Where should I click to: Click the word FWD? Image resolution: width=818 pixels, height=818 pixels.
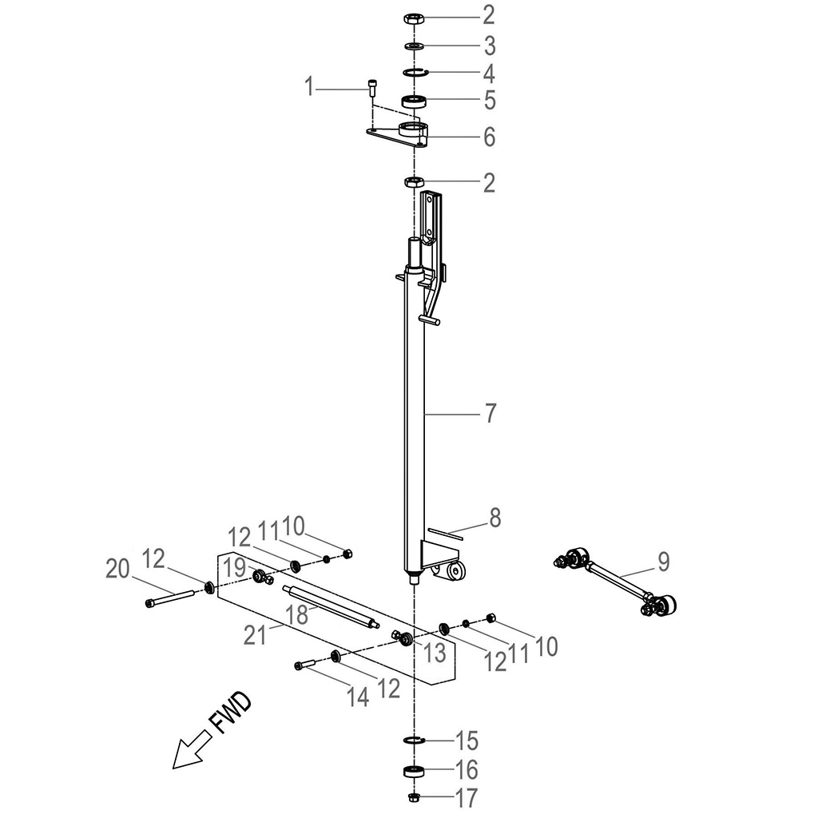pos(230,713)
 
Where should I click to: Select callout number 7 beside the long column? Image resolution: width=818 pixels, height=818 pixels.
pos(490,413)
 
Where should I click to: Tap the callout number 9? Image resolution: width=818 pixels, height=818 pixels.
pos(663,562)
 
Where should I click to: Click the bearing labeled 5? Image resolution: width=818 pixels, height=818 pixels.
pos(415,101)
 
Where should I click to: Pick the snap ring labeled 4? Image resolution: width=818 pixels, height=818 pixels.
pos(415,72)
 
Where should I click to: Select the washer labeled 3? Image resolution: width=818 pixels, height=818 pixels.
pos(415,46)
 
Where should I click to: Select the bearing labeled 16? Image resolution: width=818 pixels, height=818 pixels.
pos(415,771)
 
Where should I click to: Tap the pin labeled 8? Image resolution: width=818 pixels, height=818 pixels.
pos(445,534)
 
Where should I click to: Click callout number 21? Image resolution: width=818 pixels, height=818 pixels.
pos(255,635)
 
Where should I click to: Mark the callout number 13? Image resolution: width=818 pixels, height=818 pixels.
pos(435,652)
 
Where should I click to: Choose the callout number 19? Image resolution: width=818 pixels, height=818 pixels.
pos(235,568)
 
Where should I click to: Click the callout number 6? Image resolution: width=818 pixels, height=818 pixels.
pos(489,137)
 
